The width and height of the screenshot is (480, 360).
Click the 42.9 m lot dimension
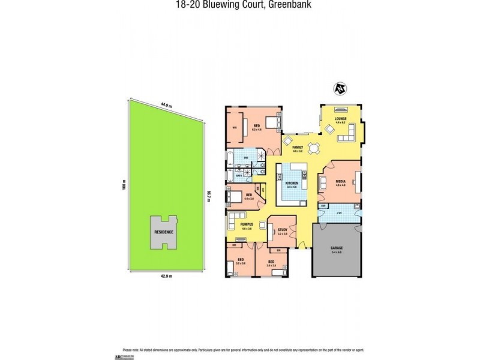pyautogui.click(x=166, y=276)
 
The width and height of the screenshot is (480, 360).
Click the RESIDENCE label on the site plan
pyautogui.click(x=164, y=232)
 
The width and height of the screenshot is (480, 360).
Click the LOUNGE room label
pyautogui.click(x=341, y=119)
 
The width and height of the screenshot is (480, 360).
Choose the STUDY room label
pyautogui.click(x=283, y=229)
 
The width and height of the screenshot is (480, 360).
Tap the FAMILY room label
pyautogui.click(x=296, y=147)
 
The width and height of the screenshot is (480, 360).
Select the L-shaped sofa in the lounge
pyautogui.click(x=349, y=134)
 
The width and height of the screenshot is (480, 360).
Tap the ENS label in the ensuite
pyautogui.click(x=246, y=158)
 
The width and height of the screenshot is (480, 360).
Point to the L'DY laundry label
pyautogui.click(x=339, y=214)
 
